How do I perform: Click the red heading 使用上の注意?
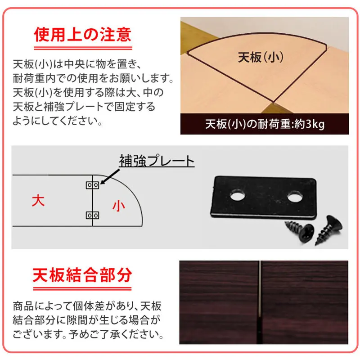[83, 34]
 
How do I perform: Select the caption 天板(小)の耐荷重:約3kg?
[265, 124]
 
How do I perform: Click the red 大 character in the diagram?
[39, 201]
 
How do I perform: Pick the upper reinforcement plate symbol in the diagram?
[93, 185]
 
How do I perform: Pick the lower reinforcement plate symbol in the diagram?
[93, 215]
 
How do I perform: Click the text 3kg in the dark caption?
[315, 124]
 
